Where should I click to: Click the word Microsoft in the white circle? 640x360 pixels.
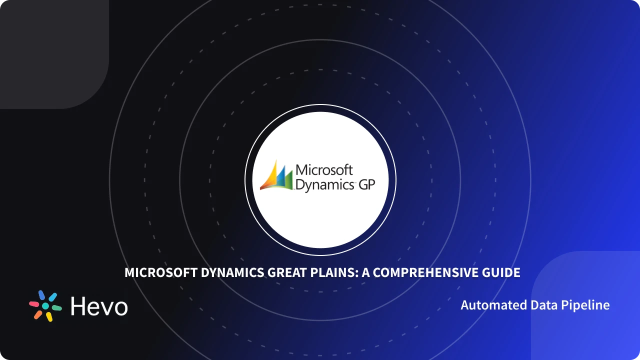coord(324,170)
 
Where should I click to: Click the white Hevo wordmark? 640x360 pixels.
coord(99,306)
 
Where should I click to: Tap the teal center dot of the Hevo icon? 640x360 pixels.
coord(45,305)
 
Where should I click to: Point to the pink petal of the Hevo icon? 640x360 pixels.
coord(34,303)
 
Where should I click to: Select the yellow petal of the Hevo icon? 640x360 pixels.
coord(49,316)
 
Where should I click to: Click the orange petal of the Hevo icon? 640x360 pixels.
coord(38,314)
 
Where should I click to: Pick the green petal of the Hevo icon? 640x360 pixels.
coord(56,307)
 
